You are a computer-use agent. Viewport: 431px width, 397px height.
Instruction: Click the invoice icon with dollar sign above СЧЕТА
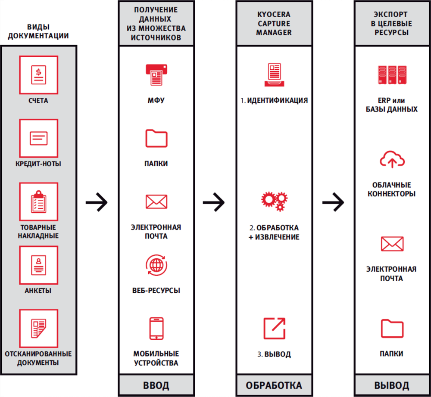[x=38, y=74]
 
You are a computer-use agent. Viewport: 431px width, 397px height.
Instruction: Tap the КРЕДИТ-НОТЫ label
[x=38, y=164]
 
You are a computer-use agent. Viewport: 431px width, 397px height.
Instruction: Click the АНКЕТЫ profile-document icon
[x=38, y=265]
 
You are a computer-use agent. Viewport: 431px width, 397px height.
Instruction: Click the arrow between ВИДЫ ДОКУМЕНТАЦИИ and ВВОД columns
[x=96, y=201]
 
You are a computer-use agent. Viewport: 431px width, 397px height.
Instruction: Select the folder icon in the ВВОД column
[x=156, y=138]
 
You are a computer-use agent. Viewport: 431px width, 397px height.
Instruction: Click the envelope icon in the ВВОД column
[x=156, y=201]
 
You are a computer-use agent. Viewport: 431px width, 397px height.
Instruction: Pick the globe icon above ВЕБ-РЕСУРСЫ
[x=156, y=264]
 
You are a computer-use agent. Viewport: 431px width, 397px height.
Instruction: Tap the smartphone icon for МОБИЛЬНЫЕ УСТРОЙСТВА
[x=156, y=329]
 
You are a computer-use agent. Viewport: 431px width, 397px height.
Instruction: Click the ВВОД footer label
[x=156, y=385]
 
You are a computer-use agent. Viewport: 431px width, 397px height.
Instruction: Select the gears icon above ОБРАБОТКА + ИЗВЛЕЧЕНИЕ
[x=274, y=201]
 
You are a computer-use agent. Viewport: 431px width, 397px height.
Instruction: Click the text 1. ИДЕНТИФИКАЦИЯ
[x=274, y=100]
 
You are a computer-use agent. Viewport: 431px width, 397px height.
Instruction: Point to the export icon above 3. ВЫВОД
[x=274, y=328]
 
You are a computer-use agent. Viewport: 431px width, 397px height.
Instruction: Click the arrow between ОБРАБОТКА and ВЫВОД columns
[x=333, y=201]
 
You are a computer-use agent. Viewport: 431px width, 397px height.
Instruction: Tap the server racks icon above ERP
[x=391, y=75]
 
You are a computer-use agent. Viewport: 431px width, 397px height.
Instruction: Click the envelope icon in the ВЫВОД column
[x=391, y=244]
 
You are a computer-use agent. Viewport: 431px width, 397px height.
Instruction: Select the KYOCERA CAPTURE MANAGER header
[x=274, y=23]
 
